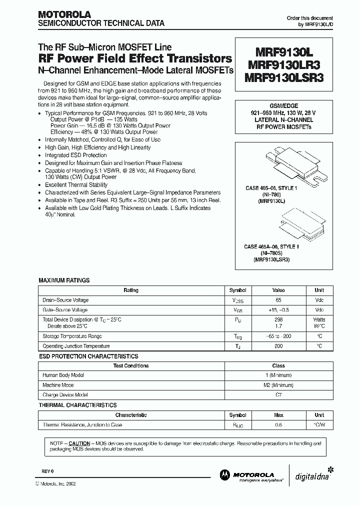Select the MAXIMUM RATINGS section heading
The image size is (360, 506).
pos(64,280)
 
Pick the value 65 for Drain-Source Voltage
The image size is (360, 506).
pos(278,300)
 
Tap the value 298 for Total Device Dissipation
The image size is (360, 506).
pos(278,319)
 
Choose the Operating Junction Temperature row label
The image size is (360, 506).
pos(76,346)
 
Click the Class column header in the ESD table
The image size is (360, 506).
pos(278,365)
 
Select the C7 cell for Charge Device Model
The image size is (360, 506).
pos(278,395)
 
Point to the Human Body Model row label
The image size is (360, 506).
pos(63,375)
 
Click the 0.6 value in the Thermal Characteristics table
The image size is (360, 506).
pos(278,424)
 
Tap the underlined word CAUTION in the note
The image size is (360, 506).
pos(79,443)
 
